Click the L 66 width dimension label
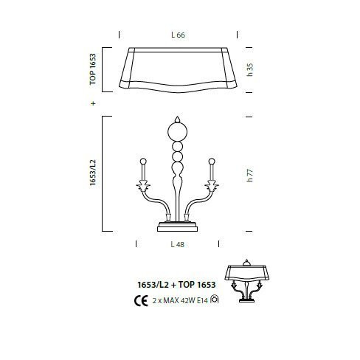[x=178, y=35]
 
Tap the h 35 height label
[x=249, y=70]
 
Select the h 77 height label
[x=249, y=176]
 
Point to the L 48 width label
[x=177, y=244]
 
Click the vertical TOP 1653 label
[x=93, y=69]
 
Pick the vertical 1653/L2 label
[x=93, y=173]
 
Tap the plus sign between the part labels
[x=93, y=103]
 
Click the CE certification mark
[x=141, y=300]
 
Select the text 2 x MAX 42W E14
[x=180, y=300]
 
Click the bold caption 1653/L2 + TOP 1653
[x=176, y=285]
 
